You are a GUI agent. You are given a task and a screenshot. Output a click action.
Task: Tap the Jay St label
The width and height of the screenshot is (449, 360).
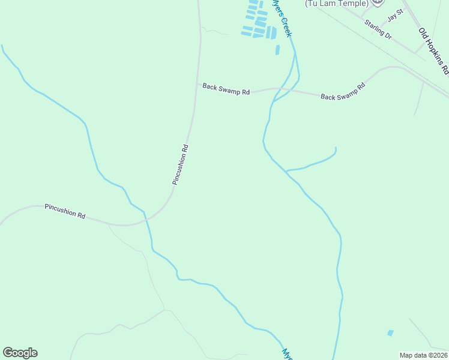396,18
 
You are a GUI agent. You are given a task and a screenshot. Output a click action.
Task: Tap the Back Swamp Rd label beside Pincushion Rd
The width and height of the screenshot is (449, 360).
226,89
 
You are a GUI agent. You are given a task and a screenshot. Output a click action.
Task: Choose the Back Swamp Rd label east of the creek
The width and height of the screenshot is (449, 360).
343,92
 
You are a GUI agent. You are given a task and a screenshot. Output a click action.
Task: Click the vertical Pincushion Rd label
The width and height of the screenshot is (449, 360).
180,164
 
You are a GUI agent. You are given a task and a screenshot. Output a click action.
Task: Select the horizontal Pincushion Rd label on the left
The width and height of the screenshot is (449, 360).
65,211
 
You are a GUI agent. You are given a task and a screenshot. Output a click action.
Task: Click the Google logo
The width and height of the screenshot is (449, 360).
20,353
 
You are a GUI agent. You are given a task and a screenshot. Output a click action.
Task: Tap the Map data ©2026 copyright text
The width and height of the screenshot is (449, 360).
423,355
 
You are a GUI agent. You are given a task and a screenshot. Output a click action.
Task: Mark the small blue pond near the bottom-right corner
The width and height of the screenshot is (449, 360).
391,332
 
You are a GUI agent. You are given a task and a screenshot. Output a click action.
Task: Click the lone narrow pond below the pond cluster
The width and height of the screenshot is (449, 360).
277,50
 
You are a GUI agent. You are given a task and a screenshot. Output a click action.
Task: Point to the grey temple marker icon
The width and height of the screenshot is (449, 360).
377,2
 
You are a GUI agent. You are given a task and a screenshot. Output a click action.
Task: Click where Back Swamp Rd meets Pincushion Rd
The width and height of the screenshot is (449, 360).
197,84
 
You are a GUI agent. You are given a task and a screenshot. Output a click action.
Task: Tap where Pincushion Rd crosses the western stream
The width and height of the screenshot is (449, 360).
145,220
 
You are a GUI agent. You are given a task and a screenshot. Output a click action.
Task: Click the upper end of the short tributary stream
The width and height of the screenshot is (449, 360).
335,148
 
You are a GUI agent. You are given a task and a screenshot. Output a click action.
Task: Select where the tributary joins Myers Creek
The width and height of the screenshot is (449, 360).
286,172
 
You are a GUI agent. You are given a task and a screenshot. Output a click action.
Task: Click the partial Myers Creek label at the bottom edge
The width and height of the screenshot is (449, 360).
288,353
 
